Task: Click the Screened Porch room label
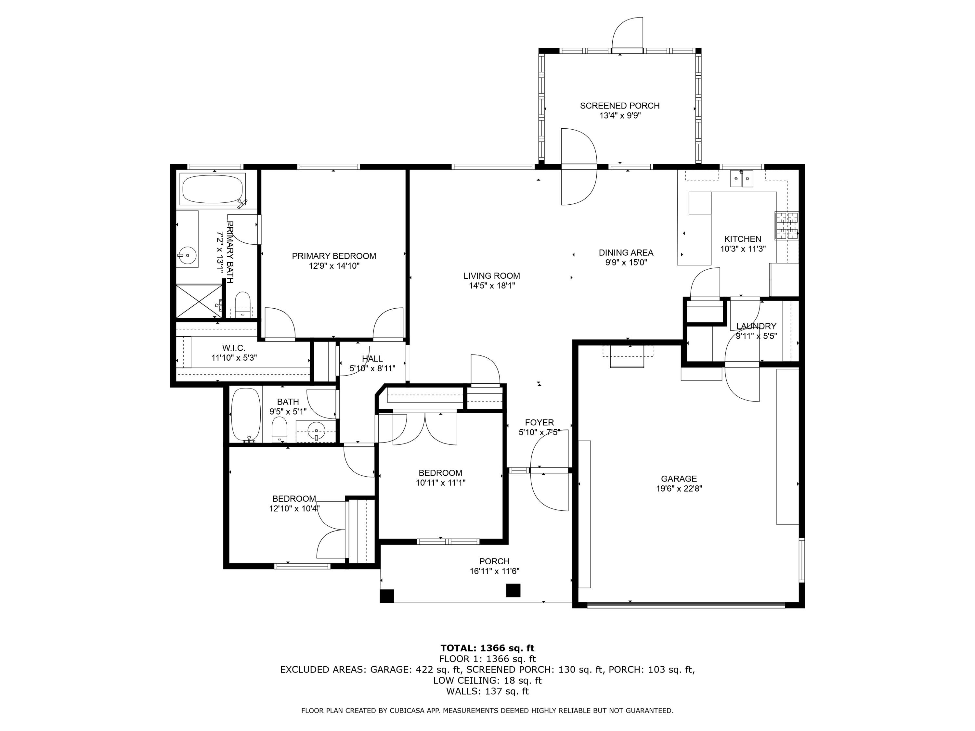619,106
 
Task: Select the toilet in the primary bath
242,303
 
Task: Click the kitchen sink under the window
742,179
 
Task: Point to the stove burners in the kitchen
786,225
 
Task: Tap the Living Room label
491,276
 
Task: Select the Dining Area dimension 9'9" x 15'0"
626,262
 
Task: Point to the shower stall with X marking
199,301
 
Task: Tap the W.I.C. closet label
234,348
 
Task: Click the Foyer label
539,423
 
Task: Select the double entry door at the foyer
549,470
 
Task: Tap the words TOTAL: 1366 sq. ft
487,648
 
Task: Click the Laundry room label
756,326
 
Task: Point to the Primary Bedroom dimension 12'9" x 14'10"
334,266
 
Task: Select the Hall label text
372,359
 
